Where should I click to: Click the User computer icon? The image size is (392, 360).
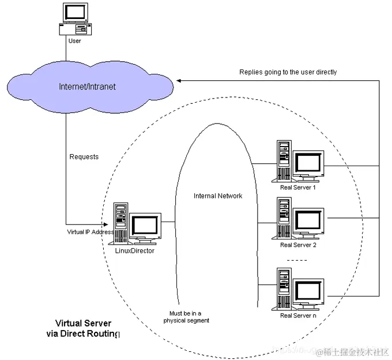(75, 18)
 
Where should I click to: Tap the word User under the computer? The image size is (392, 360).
(75, 41)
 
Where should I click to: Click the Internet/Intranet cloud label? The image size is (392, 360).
(88, 87)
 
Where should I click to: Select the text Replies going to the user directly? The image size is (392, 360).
(288, 72)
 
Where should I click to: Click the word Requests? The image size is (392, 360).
(84, 156)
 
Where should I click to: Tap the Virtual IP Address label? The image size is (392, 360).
(91, 231)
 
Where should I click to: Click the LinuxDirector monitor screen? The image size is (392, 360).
(144, 226)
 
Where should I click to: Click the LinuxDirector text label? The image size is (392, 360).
(135, 250)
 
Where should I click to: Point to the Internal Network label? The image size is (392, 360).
(218, 196)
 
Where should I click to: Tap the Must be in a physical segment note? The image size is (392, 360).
(186, 316)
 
